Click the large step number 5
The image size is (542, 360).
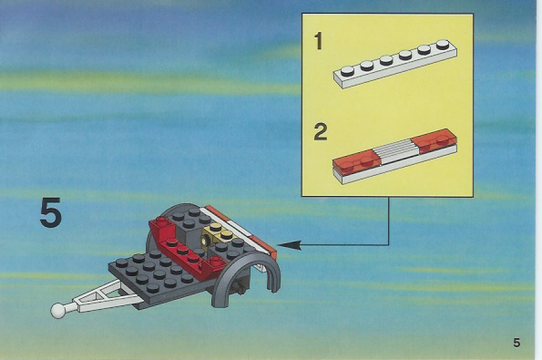point(51,212)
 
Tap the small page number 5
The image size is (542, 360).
point(516,343)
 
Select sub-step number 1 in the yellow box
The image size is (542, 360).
point(318,41)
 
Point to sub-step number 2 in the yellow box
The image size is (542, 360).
point(321,132)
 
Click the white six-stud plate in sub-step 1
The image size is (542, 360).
point(395,64)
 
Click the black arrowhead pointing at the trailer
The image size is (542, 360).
point(289,245)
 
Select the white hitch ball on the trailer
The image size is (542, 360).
point(57,310)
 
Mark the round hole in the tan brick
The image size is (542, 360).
point(207,240)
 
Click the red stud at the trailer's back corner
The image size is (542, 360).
point(162,221)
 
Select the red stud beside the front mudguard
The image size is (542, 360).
point(217,261)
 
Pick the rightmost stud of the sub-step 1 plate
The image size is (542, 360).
point(443,44)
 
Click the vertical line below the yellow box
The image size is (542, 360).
point(389,221)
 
